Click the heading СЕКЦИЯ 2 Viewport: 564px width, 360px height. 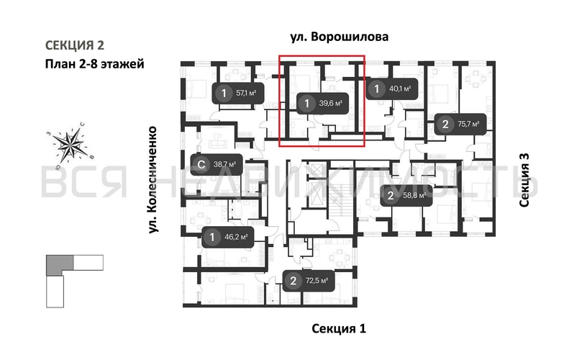point(73,45)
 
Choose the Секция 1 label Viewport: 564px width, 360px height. point(339,329)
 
